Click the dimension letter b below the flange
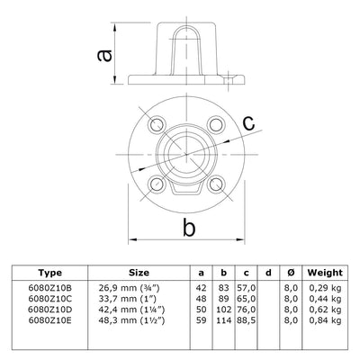tap(189, 229)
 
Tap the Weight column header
tap(324, 272)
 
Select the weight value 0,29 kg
tap(325, 286)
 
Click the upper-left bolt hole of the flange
tap(157, 122)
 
